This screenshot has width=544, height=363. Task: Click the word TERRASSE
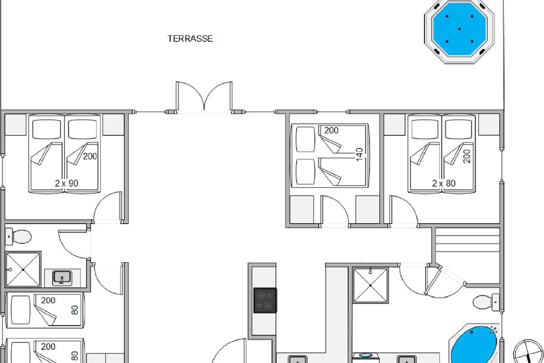(x=190, y=39)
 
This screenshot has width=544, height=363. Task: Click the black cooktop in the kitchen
(x=265, y=300)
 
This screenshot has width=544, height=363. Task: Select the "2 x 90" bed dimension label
(x=67, y=183)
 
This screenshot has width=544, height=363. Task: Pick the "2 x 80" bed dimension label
(x=444, y=183)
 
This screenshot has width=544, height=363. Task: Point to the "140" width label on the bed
(x=359, y=154)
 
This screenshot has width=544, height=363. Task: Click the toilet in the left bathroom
(x=19, y=236)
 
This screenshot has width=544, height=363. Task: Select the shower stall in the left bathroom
(x=23, y=270)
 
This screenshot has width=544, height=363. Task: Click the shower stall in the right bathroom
(x=370, y=285)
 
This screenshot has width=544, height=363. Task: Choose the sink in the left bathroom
(x=63, y=278)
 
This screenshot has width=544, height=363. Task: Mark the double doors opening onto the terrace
(x=204, y=98)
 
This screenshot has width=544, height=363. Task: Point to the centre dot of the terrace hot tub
(x=459, y=29)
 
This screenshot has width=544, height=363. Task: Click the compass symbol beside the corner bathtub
(x=529, y=351)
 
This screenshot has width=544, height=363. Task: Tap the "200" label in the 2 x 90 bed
(x=90, y=157)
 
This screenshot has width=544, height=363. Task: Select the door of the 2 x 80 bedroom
(x=403, y=211)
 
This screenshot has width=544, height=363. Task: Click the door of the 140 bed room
(x=335, y=211)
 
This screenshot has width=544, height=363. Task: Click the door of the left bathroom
(x=73, y=244)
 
